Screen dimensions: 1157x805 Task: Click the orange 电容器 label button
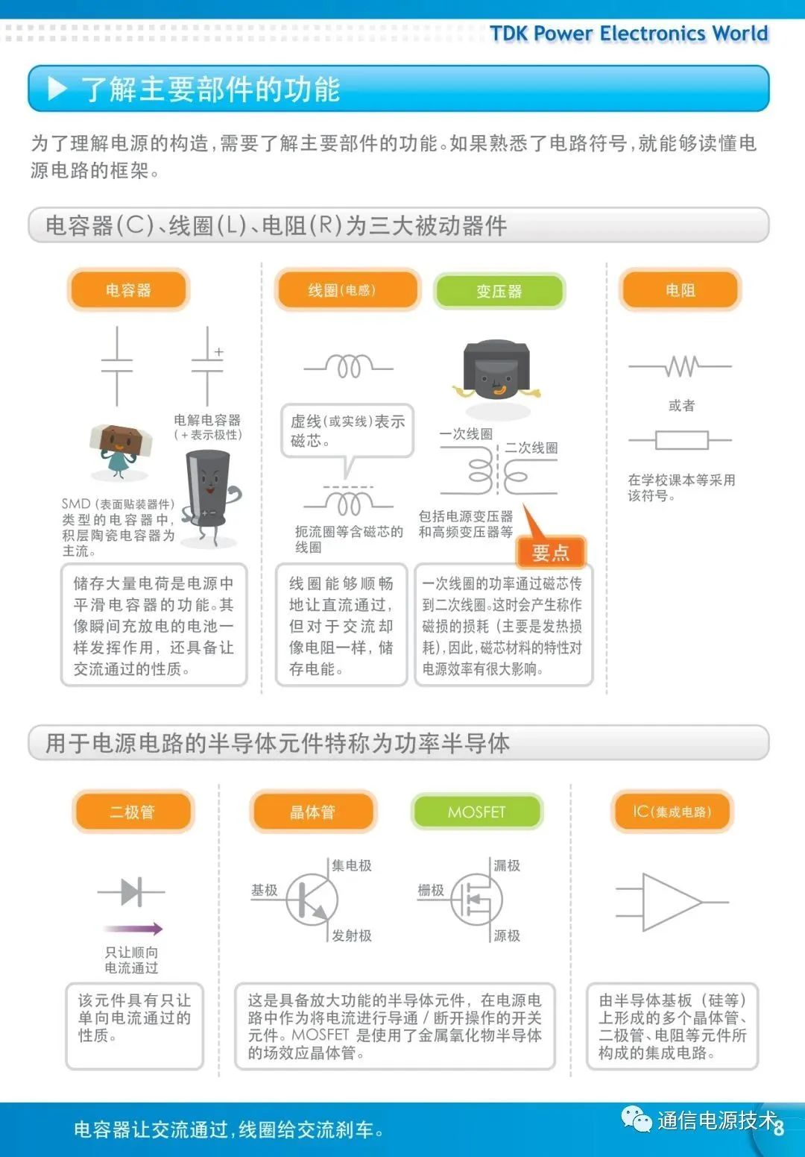pyautogui.click(x=128, y=290)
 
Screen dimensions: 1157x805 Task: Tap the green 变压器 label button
pyautogui.click(x=499, y=291)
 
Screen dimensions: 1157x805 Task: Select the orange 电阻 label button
pyautogui.click(x=680, y=290)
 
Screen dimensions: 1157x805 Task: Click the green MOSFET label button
pyautogui.click(x=476, y=812)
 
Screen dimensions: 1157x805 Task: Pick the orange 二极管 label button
pyautogui.click(x=133, y=812)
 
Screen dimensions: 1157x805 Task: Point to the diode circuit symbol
pyautogui.click(x=131, y=891)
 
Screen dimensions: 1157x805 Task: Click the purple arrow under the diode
pyautogui.click(x=133, y=929)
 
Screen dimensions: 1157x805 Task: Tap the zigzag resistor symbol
pyautogui.click(x=681, y=366)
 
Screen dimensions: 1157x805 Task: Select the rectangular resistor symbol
pyautogui.click(x=681, y=440)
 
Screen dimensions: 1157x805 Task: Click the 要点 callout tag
pyautogui.click(x=551, y=553)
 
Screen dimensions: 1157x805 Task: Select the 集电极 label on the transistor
pyautogui.click(x=352, y=865)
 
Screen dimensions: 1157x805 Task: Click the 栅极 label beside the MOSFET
pyautogui.click(x=431, y=890)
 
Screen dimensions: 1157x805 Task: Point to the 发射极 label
pyautogui.click(x=352, y=935)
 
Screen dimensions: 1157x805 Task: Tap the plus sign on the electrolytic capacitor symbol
pyautogui.click(x=218, y=351)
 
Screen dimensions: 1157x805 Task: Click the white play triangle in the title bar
pyautogui.click(x=57, y=90)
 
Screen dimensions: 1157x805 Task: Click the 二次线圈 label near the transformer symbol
pyautogui.click(x=531, y=448)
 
